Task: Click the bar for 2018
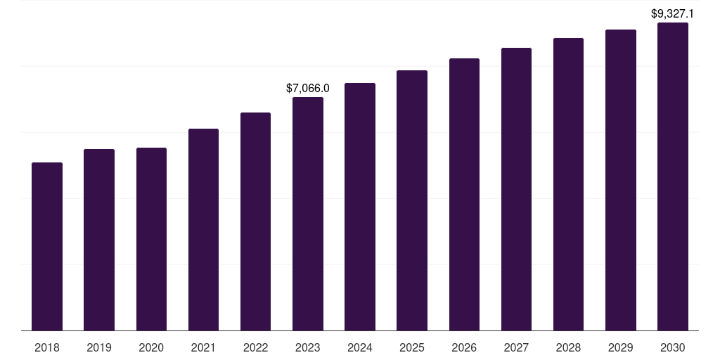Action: (x=47, y=246)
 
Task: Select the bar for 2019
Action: (x=99, y=239)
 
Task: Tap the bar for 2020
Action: (x=151, y=239)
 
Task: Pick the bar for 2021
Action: (x=203, y=229)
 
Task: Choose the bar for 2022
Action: (x=255, y=221)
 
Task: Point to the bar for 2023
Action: (x=308, y=214)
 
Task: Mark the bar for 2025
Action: (x=412, y=200)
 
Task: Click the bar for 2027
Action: (x=516, y=189)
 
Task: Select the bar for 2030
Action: (x=673, y=176)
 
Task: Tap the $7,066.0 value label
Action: (x=308, y=89)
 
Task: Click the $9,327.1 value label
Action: (x=673, y=13)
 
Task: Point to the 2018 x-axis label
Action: (x=47, y=347)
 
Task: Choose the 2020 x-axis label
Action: (x=151, y=347)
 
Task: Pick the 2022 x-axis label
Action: (x=255, y=347)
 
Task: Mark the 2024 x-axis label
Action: (x=360, y=347)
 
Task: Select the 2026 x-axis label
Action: (x=464, y=347)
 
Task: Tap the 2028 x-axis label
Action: (x=568, y=347)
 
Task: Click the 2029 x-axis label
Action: (x=620, y=347)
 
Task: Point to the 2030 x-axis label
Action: (x=673, y=347)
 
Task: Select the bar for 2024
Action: (x=360, y=207)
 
